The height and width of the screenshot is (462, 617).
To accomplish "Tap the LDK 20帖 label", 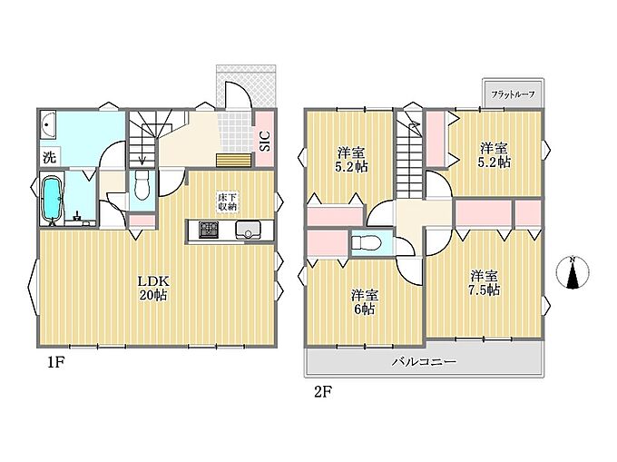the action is [x=153, y=288].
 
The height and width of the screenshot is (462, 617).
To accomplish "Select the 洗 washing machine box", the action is [x=50, y=157].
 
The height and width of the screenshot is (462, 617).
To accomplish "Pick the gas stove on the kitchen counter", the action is [x=209, y=231].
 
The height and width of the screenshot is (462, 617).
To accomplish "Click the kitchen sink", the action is [x=248, y=231].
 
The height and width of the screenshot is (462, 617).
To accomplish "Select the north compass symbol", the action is [x=573, y=271].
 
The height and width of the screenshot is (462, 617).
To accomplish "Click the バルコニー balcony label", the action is [x=424, y=361].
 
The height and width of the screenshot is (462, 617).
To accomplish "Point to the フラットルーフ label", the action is [x=513, y=94].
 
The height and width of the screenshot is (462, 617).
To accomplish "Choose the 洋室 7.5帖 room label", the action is [x=484, y=282].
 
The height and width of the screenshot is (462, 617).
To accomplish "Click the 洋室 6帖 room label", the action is [x=365, y=302].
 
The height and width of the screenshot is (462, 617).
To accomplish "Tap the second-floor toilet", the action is [x=367, y=242].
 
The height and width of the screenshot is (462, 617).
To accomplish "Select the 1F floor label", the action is [x=55, y=362].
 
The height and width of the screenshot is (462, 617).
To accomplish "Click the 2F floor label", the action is [x=323, y=392].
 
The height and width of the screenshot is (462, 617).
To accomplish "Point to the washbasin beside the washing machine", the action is [x=47, y=124].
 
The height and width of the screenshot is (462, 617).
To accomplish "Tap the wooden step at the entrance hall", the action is [x=234, y=161].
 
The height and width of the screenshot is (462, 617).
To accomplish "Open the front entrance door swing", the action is [x=239, y=94].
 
